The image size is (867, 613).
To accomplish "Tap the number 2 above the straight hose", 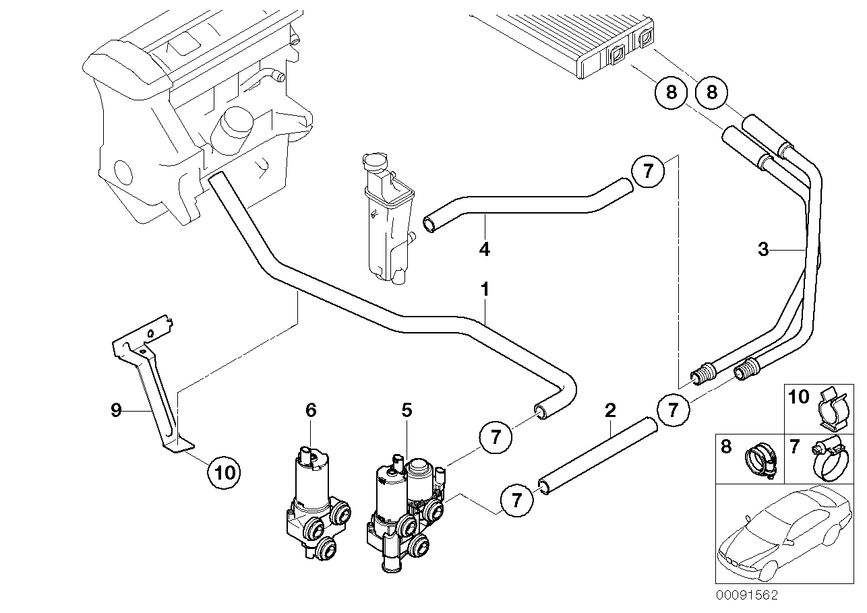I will coord(609,410).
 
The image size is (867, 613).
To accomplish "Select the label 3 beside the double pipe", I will coord(763,250).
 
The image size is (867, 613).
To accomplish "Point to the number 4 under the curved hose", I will coord(483,249).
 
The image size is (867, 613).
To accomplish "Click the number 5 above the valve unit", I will coord(407,410).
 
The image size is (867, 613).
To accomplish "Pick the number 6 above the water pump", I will coord(310,410).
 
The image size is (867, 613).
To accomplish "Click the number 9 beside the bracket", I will coord(116,410).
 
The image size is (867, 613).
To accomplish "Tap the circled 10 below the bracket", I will coord(225,472).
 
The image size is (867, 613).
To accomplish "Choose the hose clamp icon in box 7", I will coord(829,454).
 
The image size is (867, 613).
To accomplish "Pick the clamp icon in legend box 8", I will coord(760,459).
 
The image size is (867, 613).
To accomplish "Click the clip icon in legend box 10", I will coord(833,408).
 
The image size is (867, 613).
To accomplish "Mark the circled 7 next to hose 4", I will coord(648,171).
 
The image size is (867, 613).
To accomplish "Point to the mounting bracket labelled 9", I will coord(154,384).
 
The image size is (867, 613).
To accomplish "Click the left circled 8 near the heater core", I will coord(671,92).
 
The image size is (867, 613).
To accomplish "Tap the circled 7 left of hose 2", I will coord(516,500).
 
